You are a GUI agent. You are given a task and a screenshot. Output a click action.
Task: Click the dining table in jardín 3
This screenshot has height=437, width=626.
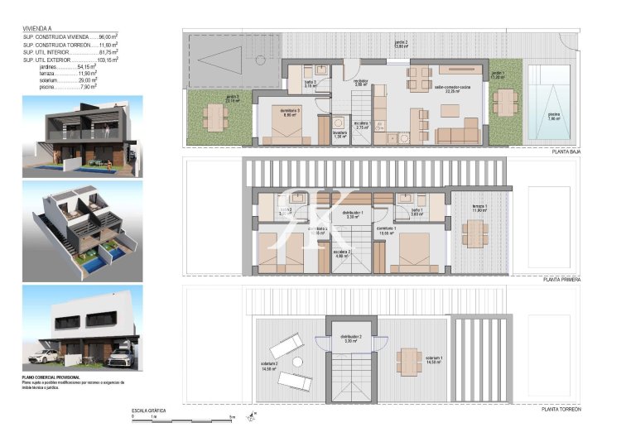pos(215,119)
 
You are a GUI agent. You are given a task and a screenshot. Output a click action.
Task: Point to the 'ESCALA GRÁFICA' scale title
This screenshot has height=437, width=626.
pos(150,410)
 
